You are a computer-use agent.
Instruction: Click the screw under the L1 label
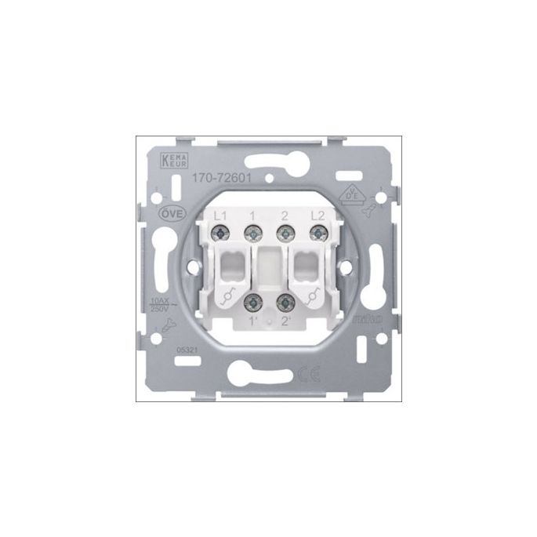click(x=222, y=232)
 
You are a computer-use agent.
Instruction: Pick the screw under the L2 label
click(x=317, y=232)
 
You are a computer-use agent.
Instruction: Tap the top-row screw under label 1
click(x=253, y=232)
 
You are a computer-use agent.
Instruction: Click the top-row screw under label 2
click(x=285, y=232)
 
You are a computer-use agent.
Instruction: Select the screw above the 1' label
click(x=253, y=303)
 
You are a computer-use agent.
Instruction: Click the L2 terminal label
click(x=317, y=215)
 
